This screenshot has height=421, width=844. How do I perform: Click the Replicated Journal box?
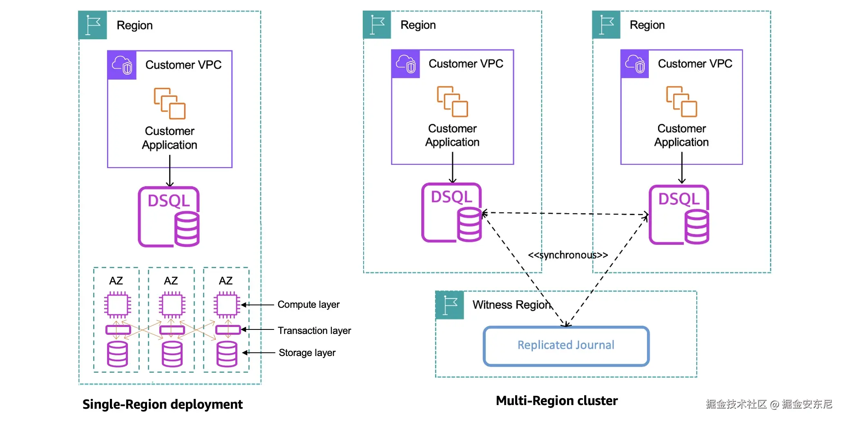coord(566,345)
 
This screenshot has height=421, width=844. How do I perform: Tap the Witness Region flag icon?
coord(450,305)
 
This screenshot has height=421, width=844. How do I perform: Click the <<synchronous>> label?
coord(567,255)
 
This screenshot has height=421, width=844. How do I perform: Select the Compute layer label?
coord(308,305)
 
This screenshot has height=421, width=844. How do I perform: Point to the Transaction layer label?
coord(314,330)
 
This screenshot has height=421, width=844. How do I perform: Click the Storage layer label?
coord(307,352)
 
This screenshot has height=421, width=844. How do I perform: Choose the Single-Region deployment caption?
coord(162,404)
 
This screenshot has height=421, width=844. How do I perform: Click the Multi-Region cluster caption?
coord(556,401)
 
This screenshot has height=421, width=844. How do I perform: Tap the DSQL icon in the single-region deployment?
coord(169,217)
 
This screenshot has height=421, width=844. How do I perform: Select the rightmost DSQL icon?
coord(679,215)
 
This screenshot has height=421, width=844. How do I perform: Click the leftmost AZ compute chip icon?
coord(118,305)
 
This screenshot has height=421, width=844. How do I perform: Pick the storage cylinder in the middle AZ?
coord(172,354)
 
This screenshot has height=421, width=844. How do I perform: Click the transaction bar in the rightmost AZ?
coord(228,329)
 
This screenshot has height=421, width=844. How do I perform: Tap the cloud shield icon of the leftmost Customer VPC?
coord(122,65)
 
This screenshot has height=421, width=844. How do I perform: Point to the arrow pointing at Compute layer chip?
coord(257,305)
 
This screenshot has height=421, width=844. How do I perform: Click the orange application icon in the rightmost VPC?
coord(681,101)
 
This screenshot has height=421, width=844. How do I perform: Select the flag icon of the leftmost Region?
coord(93,25)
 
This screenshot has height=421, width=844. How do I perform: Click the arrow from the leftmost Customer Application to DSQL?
coord(170,172)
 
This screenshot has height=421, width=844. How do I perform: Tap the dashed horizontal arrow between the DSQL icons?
coord(566,213)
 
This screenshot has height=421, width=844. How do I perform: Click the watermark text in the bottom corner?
coord(768,404)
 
